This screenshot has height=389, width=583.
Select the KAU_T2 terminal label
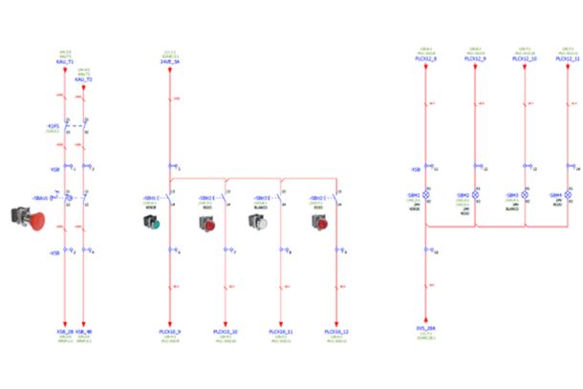[x=83, y=79]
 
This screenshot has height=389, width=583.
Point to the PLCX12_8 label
[x=426, y=58]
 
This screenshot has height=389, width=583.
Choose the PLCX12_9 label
[x=475, y=58]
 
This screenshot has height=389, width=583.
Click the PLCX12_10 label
[x=525, y=58]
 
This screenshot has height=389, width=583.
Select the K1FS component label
[x=54, y=125]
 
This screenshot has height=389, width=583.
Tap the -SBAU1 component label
[x=41, y=197]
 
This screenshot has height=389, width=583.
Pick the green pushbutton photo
[x=152, y=224]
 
